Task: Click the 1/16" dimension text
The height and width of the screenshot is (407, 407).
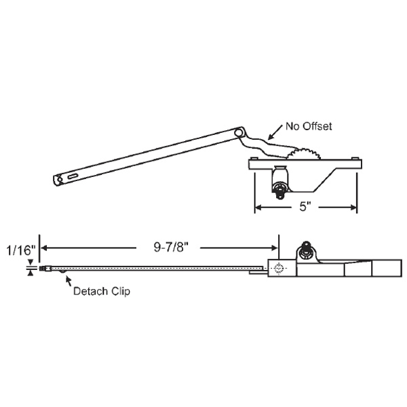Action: tap(18, 249)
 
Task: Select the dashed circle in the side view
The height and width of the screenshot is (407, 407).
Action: tap(277, 269)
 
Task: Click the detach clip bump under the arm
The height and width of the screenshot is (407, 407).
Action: tap(66, 272)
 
